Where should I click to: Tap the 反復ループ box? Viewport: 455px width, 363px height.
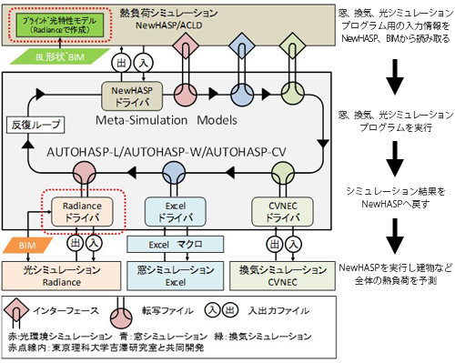tap(30, 123)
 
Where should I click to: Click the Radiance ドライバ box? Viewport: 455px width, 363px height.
tap(84, 213)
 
